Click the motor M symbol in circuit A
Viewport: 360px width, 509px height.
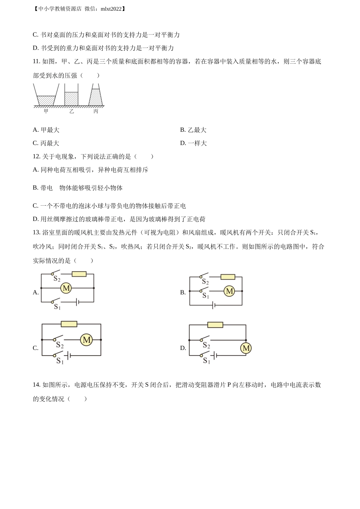[x=66, y=288]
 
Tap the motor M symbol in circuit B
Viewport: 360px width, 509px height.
[x=229, y=291]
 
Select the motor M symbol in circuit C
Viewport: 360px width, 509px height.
[x=86, y=340]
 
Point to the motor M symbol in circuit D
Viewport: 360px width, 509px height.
[x=246, y=348]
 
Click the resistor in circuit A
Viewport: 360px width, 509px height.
[x=79, y=274]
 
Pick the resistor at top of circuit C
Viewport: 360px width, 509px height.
[x=69, y=324]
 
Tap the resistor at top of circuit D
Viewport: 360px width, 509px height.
[x=215, y=325]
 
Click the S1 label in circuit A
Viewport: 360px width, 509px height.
[x=57, y=307]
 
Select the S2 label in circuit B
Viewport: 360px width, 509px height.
[x=205, y=282]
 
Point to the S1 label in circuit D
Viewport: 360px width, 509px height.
[x=206, y=361]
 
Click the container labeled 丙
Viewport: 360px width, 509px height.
[x=96, y=97]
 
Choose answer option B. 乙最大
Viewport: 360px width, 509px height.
[x=193, y=130]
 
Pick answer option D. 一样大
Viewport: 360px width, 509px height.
[x=193, y=143]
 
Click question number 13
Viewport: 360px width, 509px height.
[x=36, y=233]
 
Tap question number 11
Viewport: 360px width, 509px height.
[x=36, y=61]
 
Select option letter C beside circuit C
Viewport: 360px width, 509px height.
[x=36, y=348]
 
